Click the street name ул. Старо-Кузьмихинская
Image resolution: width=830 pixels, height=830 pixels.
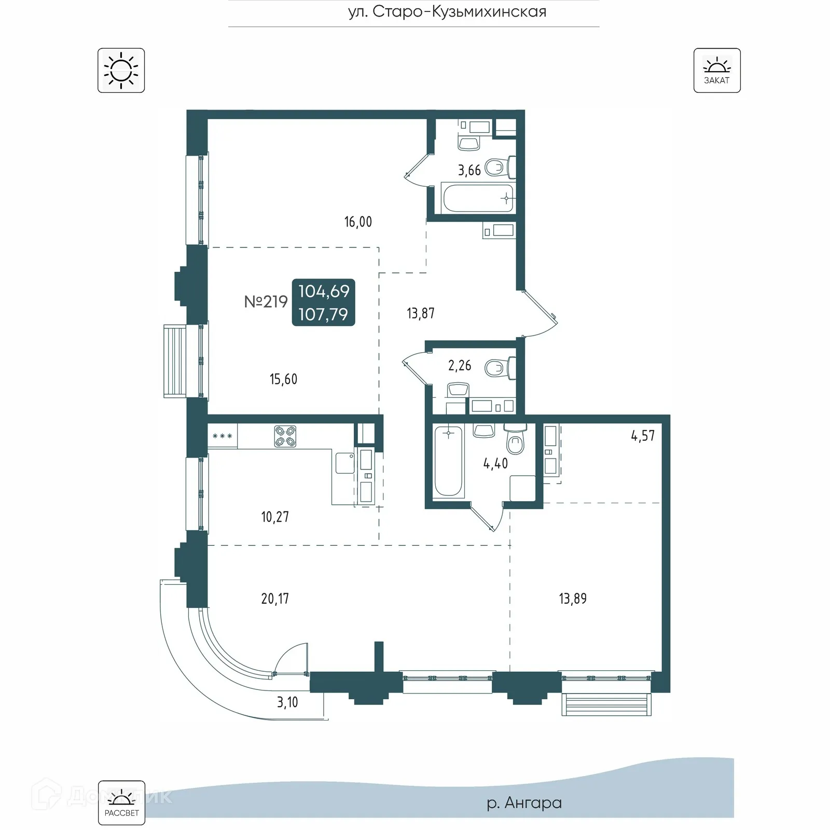pyautogui.click(x=447, y=11)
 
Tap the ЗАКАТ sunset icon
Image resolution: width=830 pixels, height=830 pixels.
pyautogui.click(x=717, y=71)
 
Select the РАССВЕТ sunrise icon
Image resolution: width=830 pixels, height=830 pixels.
pyautogui.click(x=121, y=803)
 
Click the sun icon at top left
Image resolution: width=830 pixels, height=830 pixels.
pyautogui.click(x=121, y=71)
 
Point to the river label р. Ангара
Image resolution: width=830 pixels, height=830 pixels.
pyautogui.click(x=524, y=803)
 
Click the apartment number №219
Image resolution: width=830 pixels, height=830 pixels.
pyautogui.click(x=266, y=301)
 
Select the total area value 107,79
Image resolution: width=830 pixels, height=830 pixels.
pyautogui.click(x=323, y=314)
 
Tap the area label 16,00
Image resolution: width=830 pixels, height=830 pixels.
pyautogui.click(x=358, y=222)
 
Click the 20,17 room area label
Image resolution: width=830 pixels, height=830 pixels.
pyautogui.click(x=275, y=599)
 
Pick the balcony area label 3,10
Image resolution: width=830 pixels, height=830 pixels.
pyautogui.click(x=287, y=702)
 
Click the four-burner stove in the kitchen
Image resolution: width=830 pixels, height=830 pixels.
pyautogui.click(x=285, y=436)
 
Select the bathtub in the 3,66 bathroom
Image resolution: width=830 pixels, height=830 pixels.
pyautogui.click(x=477, y=198)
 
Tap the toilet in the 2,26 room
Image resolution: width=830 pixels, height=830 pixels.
pyautogui.click(x=499, y=368)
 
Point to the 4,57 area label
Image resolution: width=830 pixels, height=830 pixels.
pyautogui.click(x=643, y=436)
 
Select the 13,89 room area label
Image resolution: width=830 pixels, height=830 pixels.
pyautogui.click(x=573, y=599)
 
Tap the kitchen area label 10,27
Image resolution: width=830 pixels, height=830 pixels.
pyautogui.click(x=275, y=517)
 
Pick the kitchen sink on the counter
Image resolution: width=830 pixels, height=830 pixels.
pyautogui.click(x=344, y=463)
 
